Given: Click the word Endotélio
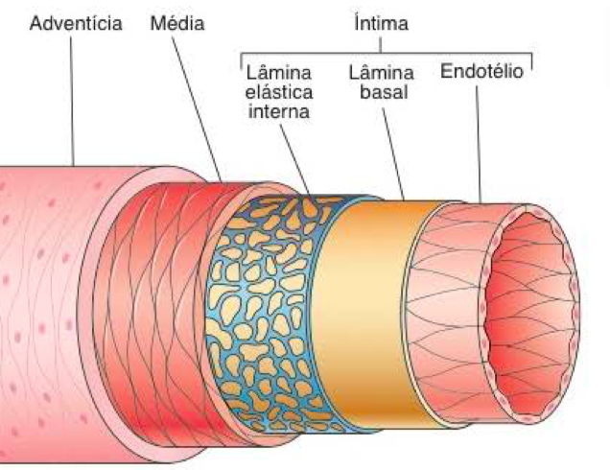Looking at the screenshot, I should (481, 72).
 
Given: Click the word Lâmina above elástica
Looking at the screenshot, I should (278, 73).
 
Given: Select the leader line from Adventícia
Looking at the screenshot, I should (74, 96).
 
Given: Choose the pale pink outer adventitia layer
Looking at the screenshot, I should (38, 307).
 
